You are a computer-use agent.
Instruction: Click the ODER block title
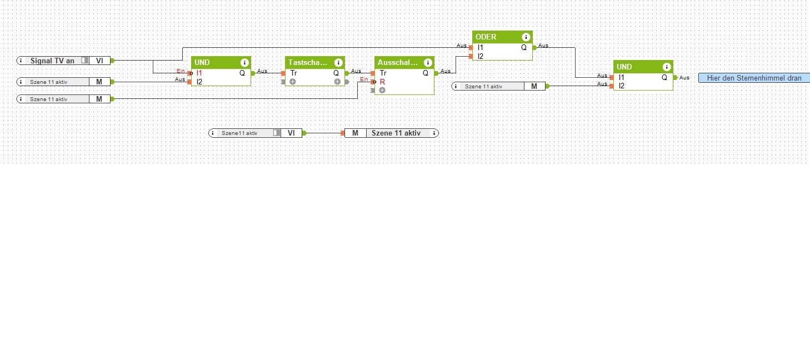[486, 37]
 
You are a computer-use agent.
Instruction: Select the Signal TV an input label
[52, 61]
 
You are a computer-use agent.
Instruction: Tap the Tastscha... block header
[307, 63]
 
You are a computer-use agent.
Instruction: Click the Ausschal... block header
[397, 63]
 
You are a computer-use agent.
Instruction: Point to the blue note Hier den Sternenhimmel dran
[753, 78]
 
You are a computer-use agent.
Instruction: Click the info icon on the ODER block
[526, 37]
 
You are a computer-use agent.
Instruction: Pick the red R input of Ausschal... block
[382, 82]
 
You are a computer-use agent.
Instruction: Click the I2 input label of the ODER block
[481, 56]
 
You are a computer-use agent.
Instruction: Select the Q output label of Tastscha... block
[336, 73]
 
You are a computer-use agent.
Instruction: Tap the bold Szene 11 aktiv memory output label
[396, 133]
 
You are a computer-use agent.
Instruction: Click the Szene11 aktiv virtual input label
[239, 133]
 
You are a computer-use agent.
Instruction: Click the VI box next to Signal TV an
[99, 61]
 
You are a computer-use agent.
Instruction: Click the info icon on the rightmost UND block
[667, 67]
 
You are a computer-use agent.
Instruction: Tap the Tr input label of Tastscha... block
[293, 73]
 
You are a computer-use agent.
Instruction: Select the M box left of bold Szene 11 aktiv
[355, 133]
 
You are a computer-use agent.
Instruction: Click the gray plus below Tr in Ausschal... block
[382, 90]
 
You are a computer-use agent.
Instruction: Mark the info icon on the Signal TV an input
[21, 61]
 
